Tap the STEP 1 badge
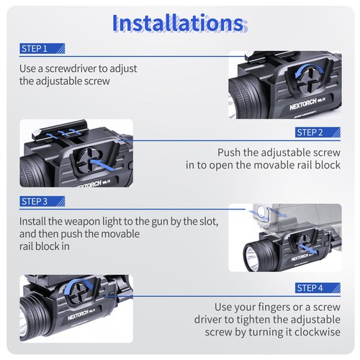coord(42,48)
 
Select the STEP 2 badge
coord(318,132)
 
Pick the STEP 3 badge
coord(42,202)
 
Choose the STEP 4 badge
coord(318,288)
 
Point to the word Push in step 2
coord(229,153)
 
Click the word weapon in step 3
coord(82,222)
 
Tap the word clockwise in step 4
coord(318,332)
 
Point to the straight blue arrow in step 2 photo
coord(102,165)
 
